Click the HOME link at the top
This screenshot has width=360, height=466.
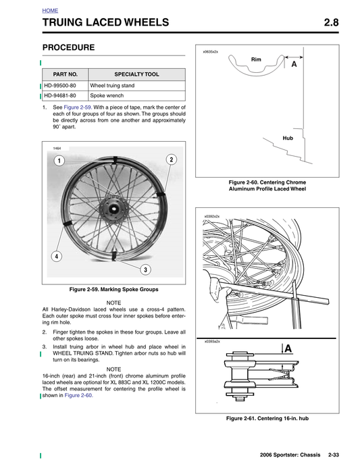49,11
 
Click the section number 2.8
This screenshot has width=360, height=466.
331,24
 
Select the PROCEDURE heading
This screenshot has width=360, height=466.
68,48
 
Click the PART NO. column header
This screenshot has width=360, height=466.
65,74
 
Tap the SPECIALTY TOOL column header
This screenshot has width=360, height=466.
136,74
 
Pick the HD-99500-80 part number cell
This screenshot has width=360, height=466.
65,86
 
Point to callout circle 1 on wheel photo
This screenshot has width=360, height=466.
59,161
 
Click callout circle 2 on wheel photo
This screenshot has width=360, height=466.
172,159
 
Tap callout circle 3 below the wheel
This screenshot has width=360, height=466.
145,270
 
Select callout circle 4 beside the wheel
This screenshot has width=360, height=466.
57,257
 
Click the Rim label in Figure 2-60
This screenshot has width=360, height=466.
256,59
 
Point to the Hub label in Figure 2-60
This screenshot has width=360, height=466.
288,138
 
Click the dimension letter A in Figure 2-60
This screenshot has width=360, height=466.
294,66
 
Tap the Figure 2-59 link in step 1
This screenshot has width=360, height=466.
78,107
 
